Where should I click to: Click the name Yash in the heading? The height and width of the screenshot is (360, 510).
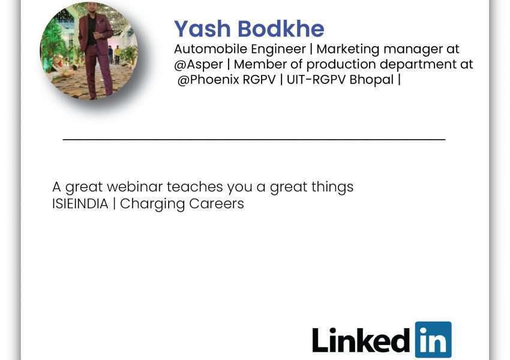click(202, 29)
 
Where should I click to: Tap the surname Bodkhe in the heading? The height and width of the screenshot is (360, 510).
click(281, 29)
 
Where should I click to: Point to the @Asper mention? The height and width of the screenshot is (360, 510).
click(199, 65)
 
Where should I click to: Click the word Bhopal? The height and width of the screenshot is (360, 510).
click(371, 80)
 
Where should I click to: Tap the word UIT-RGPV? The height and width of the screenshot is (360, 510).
click(316, 80)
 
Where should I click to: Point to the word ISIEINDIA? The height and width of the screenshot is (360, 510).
click(80, 204)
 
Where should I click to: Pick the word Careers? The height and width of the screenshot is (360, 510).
click(216, 203)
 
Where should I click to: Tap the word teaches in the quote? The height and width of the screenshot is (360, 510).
click(195, 187)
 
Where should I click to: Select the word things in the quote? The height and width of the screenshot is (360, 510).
click(332, 187)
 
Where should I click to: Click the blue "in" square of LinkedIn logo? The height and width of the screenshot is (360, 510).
click(433, 340)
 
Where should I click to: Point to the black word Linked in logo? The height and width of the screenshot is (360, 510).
click(361, 340)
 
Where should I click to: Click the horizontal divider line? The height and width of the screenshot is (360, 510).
click(254, 139)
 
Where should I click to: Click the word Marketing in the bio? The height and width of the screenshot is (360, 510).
click(347, 50)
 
